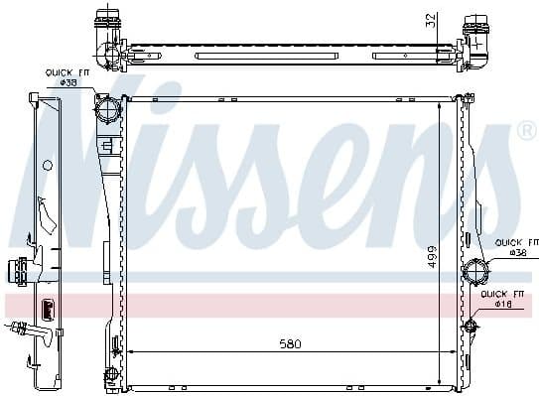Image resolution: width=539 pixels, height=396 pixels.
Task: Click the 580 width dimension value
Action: tap(288, 343)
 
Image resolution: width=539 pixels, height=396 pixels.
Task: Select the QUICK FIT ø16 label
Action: tap(502, 299)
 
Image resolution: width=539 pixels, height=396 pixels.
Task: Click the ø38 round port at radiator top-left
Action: tap(106, 106)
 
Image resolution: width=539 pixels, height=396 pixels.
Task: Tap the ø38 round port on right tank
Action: tap(475, 270)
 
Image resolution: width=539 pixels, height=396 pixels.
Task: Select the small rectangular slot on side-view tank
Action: tap(46, 306)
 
